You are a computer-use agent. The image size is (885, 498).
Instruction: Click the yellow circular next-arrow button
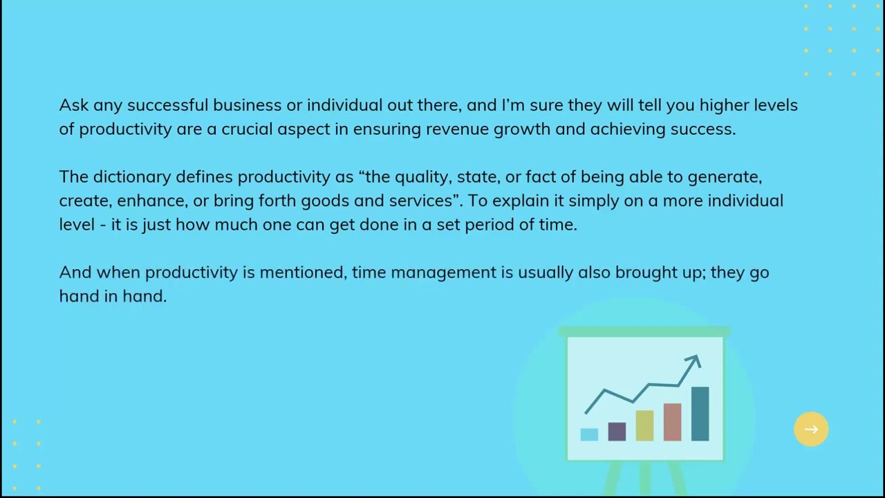pos(811,430)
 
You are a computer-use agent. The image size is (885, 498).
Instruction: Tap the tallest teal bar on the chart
pos(700,414)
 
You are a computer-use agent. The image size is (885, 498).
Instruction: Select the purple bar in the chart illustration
pos(617,432)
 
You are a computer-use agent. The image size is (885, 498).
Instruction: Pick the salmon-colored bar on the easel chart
pos(673,422)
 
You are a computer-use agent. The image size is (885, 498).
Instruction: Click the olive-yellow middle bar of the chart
pos(644,425)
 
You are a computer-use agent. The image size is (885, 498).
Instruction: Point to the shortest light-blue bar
pos(589,435)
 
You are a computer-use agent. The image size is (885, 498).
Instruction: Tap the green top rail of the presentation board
pos(644,331)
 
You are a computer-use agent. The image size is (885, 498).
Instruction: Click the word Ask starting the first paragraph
pos(74,105)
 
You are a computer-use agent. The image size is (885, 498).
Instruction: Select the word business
pos(248,105)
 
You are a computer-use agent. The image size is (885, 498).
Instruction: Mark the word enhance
pos(153,201)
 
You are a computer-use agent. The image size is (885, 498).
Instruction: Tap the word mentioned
pos(303,273)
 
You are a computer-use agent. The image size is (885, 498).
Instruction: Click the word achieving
pos(628,129)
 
